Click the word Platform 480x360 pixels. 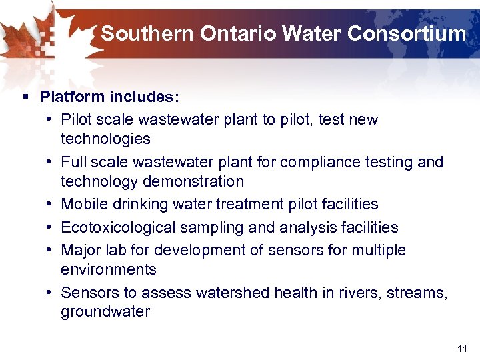click(70, 97)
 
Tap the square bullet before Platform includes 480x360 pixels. click(25, 97)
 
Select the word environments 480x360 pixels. click(109, 269)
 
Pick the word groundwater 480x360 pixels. click(105, 312)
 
